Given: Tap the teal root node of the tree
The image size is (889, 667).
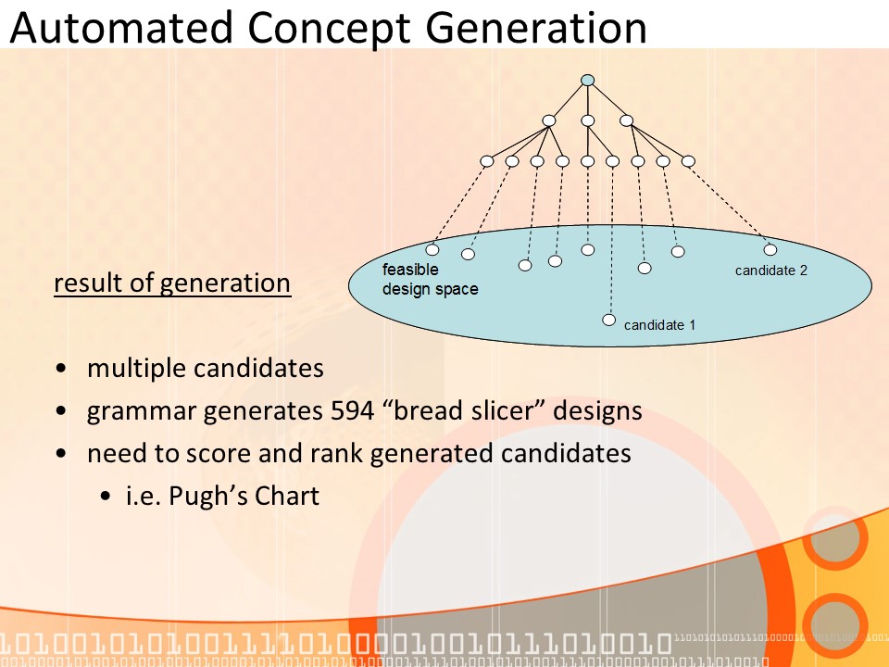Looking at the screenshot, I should click(587, 81).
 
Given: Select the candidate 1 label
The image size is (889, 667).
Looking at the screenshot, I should click(659, 325).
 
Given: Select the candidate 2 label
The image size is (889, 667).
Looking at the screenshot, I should click(771, 271).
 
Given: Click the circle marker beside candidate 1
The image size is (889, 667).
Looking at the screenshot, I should click(608, 321).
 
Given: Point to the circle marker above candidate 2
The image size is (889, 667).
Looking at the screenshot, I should click(770, 249).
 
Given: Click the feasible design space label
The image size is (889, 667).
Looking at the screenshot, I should click(431, 280).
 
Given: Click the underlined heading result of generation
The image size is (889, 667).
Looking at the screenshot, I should click(172, 283).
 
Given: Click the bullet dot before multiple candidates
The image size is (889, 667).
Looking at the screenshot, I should click(61, 369).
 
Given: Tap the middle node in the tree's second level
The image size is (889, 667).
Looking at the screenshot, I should click(587, 120).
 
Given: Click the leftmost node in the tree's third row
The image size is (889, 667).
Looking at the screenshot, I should click(487, 161).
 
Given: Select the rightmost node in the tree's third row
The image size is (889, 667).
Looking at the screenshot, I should click(688, 161).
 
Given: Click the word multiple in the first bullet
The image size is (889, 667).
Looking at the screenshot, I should click(136, 369).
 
